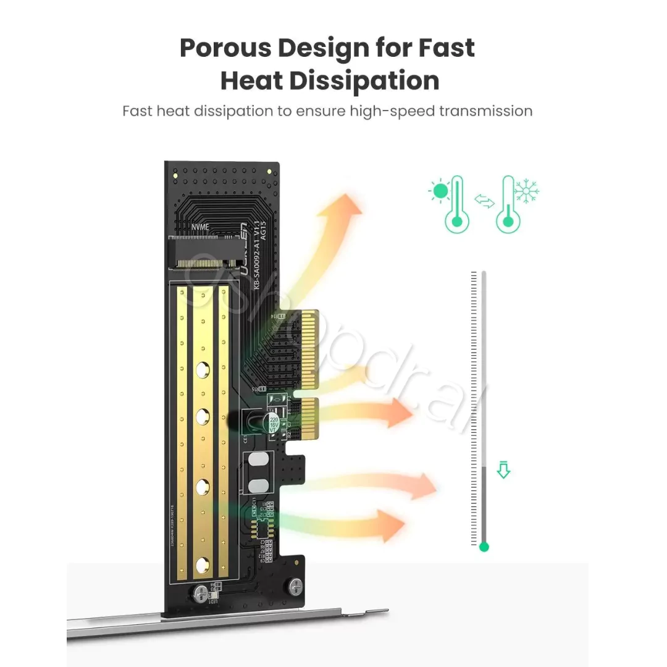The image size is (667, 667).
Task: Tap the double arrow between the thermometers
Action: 485,201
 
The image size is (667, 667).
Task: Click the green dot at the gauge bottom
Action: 484,547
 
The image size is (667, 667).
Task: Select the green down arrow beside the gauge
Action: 504,471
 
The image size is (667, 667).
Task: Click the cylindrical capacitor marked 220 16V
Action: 273,422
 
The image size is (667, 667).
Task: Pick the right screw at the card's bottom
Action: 295,584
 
